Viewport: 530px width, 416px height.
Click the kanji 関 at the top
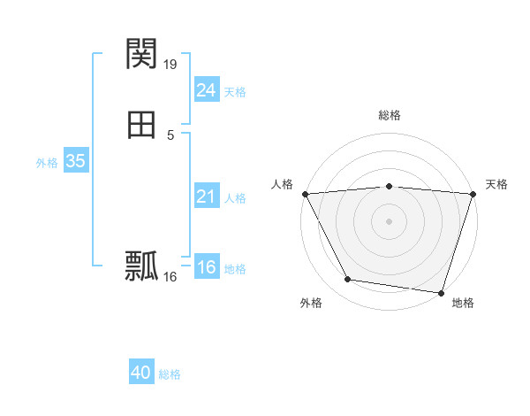click(141, 54)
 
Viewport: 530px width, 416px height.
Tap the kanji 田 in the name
click(141, 125)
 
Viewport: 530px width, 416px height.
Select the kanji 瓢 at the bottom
click(141, 266)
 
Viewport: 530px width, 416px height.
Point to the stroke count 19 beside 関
click(170, 64)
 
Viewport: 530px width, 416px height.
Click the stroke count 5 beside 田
click(170, 135)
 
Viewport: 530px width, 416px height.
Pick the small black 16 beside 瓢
click(170, 276)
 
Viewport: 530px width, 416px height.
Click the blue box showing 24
click(206, 90)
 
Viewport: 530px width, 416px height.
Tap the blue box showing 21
click(206, 196)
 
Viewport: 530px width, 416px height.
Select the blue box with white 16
click(206, 267)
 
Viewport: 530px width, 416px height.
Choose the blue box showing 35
click(75, 161)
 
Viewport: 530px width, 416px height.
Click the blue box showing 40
click(141, 373)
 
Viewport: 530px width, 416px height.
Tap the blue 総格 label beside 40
click(170, 374)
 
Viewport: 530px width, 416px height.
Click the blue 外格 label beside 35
click(47, 163)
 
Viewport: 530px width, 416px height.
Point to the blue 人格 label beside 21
click(235, 198)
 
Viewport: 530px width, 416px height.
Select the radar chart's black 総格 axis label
click(389, 115)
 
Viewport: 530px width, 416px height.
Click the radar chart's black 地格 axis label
click(463, 303)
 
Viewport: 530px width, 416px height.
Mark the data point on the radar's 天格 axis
click(473, 193)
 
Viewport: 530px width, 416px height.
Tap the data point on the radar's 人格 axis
click(305, 193)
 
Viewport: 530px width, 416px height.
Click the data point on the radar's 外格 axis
click(348, 280)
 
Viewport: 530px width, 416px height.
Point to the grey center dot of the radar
click(389, 220)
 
